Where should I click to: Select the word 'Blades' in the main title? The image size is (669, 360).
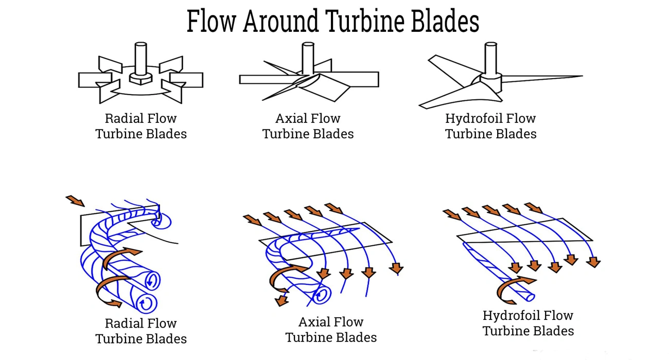pos(446,22)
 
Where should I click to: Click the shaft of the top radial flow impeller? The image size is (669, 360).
pos(140,57)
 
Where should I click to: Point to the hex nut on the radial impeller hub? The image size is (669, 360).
pos(140,79)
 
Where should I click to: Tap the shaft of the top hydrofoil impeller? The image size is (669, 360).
pos(490,57)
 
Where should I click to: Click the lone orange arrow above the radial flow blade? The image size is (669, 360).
pos(76,201)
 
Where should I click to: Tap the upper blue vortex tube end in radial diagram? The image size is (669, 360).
pos(153,281)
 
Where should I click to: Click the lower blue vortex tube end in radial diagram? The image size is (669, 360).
pos(147,302)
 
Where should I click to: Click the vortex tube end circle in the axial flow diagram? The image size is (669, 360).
pos(322,296)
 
